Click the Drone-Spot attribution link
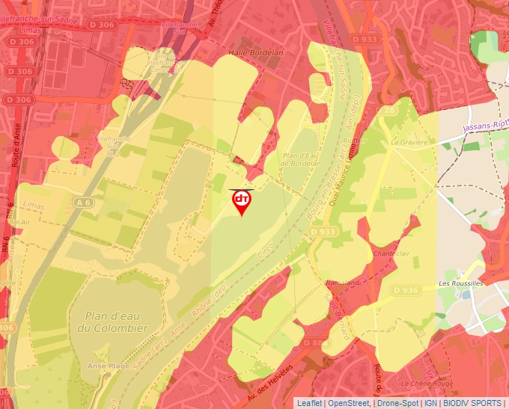tap(397, 403)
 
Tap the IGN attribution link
tap(431, 403)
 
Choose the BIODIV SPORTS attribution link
tap(472, 403)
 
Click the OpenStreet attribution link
tap(350, 403)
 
